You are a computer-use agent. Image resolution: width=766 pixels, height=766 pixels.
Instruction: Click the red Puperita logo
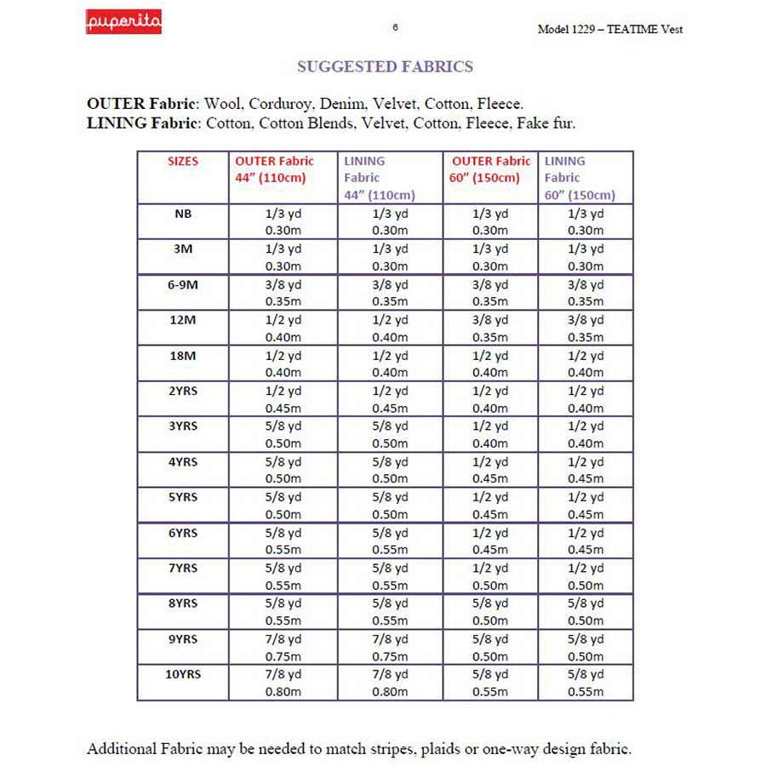(x=123, y=21)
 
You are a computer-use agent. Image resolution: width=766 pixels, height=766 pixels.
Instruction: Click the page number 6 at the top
(x=396, y=26)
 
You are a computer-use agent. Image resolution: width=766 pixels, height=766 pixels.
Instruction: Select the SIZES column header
(x=182, y=161)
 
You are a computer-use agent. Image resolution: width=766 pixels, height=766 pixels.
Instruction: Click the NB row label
(x=182, y=214)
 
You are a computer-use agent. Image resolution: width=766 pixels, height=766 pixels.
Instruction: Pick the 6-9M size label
(x=182, y=284)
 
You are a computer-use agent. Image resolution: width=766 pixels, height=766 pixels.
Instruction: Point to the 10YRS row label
(x=182, y=673)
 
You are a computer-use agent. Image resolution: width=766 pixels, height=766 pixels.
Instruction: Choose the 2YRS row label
(x=182, y=391)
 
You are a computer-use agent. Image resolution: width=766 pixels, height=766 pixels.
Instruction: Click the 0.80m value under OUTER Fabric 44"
(x=283, y=691)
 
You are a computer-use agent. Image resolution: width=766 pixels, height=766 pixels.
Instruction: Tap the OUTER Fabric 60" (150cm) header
(x=490, y=169)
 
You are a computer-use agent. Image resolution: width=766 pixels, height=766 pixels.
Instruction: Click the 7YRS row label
(x=182, y=568)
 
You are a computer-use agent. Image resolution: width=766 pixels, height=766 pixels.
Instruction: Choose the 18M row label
(x=182, y=355)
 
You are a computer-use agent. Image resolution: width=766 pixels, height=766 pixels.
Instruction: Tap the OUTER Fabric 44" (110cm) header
(x=274, y=169)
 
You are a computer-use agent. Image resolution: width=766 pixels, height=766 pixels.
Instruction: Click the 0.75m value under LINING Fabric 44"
(x=390, y=656)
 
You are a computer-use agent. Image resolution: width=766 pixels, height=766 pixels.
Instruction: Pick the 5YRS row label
(x=182, y=497)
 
